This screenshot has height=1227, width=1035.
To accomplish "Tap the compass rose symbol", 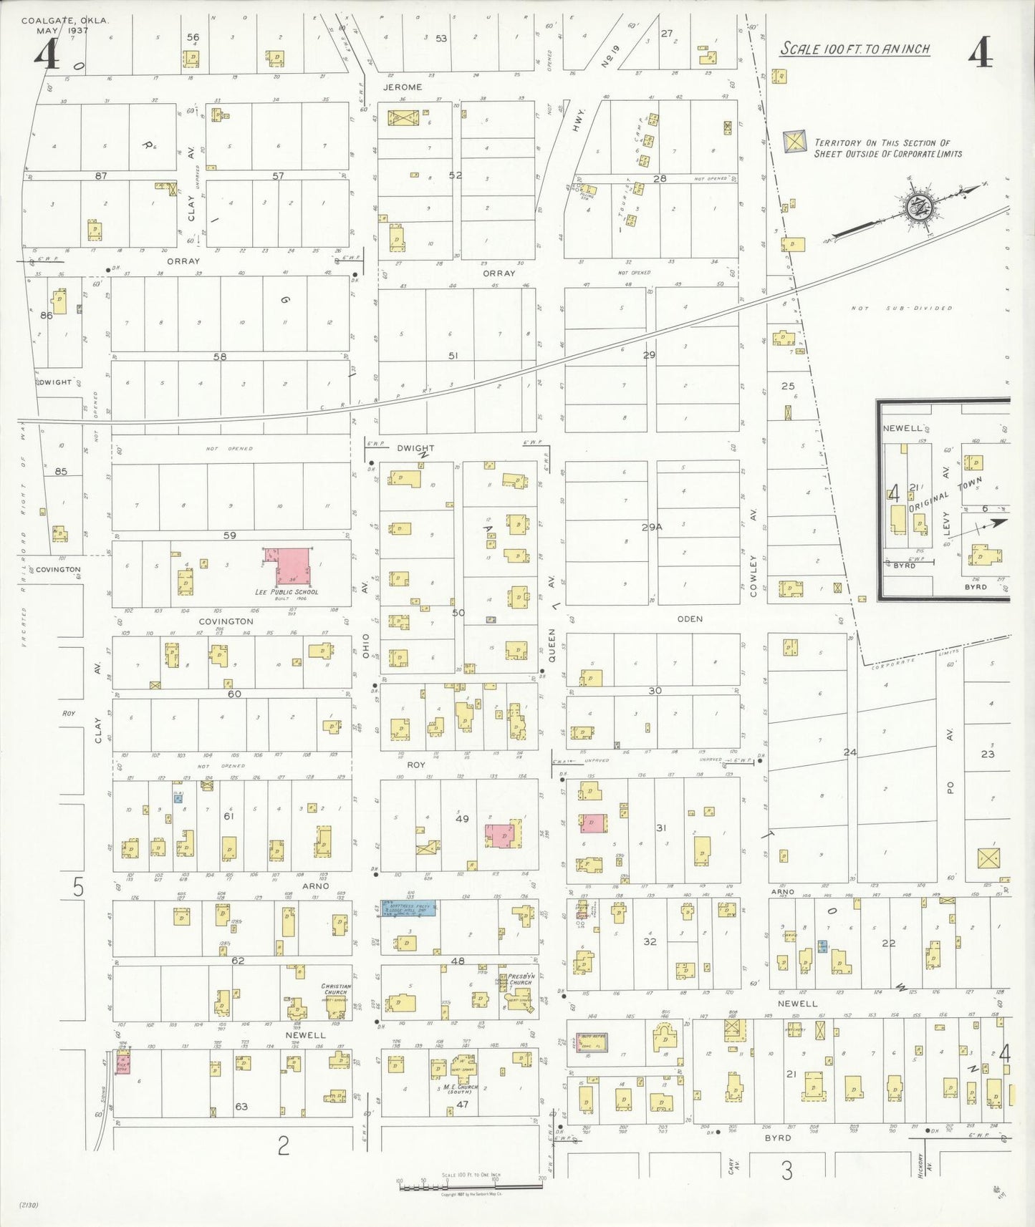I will pyautogui.click(x=917, y=208).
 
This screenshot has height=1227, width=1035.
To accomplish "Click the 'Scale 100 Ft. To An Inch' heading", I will pyautogui.click(x=855, y=49).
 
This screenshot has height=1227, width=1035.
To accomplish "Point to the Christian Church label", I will pyautogui.click(x=334, y=989).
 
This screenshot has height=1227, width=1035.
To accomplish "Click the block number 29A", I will pyautogui.click(x=652, y=527).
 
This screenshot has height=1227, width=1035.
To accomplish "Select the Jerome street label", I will pyautogui.click(x=403, y=87).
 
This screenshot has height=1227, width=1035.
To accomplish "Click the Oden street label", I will pyautogui.click(x=690, y=619).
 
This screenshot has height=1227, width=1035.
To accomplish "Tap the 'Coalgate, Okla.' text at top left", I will pyautogui.click(x=64, y=21).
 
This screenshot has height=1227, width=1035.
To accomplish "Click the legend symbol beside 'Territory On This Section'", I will pyautogui.click(x=794, y=142).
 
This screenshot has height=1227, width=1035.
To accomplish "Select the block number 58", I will pyautogui.click(x=220, y=356).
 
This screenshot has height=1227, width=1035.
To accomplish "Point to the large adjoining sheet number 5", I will pyautogui.click(x=78, y=888).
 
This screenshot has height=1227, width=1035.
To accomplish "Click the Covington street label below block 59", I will pyautogui.click(x=226, y=621).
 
